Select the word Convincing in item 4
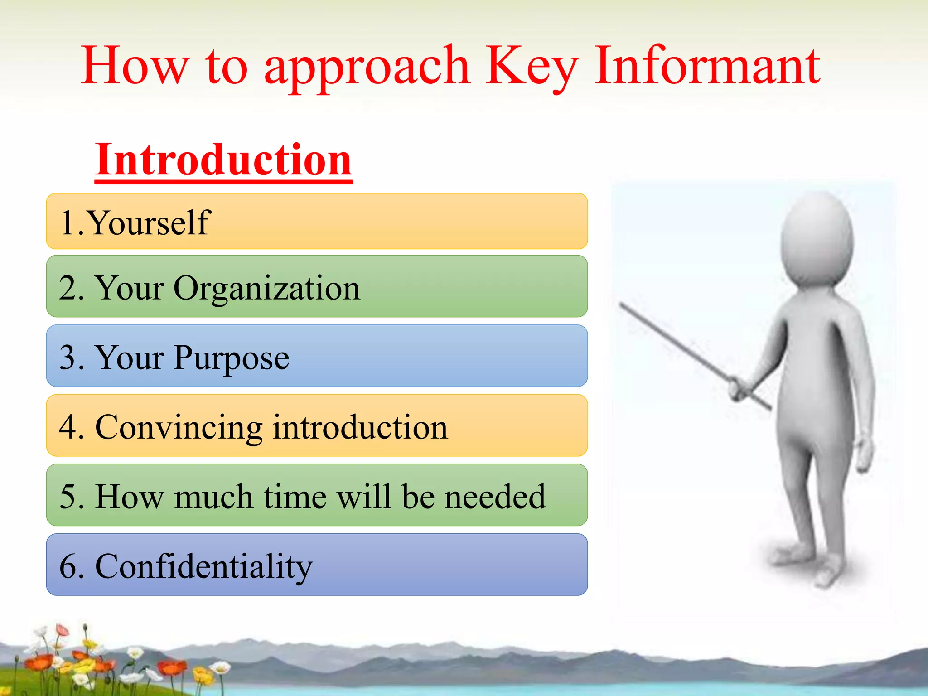[179, 428]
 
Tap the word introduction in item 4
[360, 428]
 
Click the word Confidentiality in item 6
[203, 567]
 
